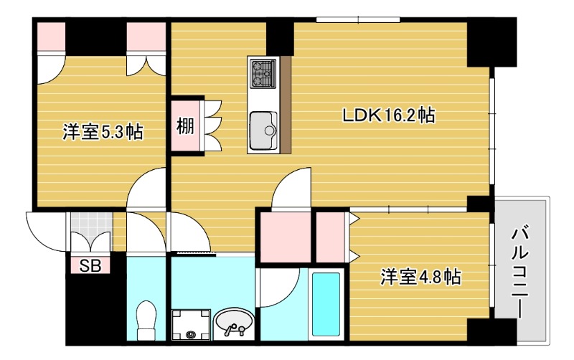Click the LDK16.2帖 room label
tap(388, 115)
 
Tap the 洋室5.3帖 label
tap(102, 132)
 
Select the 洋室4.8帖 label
tap(420, 277)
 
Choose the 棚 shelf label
tap(185, 127)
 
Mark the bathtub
tap(327, 305)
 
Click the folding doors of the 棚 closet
tap(215, 125)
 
